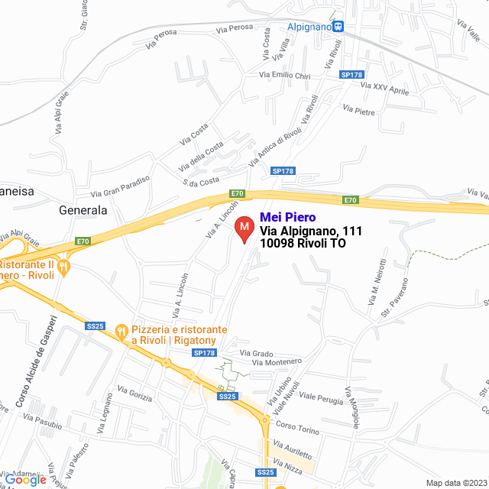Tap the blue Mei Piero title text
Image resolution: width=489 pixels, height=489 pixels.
click(x=288, y=218)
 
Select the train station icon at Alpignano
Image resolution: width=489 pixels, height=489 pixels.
click(x=338, y=26)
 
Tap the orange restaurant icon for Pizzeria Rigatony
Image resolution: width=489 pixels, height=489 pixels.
click(x=121, y=331)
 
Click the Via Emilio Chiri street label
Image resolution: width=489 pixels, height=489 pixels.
click(x=285, y=76)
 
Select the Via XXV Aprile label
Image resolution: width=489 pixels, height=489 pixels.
click(x=386, y=89)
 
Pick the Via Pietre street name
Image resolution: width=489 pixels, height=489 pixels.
click(x=359, y=111)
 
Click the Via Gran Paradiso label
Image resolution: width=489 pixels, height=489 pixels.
click(x=120, y=186)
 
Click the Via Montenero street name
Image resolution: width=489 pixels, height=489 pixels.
click(x=277, y=362)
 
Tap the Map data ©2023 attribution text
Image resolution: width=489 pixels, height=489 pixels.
click(x=456, y=483)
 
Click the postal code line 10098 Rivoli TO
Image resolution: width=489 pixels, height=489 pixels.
click(x=303, y=244)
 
